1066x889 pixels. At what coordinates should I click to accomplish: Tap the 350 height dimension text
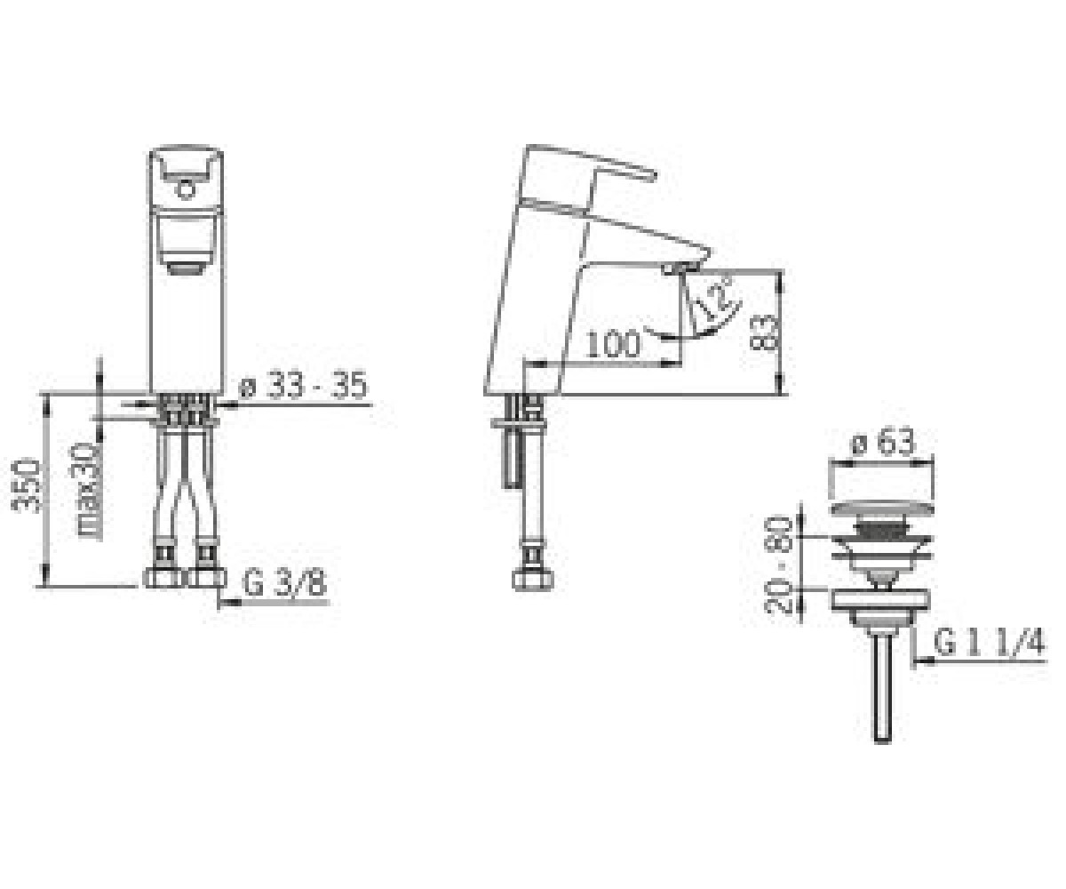tap(26, 485)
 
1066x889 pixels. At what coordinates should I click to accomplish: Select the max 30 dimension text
tap(90, 490)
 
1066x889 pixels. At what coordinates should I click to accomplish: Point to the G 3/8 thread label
tap(284, 582)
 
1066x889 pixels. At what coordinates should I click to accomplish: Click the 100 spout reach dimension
tap(613, 344)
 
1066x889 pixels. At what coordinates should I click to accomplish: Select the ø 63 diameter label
tap(882, 443)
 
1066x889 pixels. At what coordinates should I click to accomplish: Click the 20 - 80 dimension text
tap(777, 565)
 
